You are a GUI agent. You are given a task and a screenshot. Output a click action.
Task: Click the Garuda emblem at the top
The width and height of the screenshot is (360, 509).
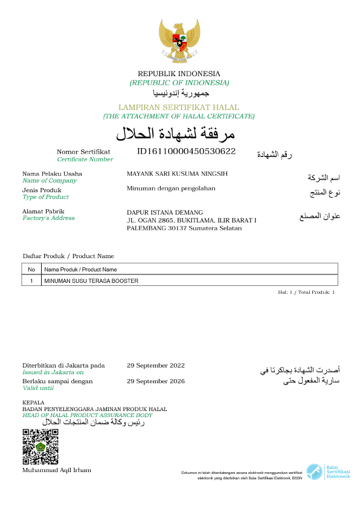(x=179, y=41)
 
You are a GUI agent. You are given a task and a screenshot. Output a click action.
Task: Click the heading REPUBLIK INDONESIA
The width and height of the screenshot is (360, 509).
(x=179, y=74)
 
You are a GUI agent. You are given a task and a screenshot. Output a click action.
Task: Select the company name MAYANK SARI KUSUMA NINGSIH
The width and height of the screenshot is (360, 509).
(x=177, y=174)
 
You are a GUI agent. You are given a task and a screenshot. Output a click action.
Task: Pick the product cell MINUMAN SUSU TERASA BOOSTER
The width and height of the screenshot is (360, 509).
(x=91, y=281)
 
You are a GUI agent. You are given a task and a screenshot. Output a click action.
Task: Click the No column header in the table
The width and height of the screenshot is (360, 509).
(x=31, y=270)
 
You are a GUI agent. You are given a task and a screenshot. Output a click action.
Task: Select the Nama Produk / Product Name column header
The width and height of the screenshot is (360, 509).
(x=80, y=270)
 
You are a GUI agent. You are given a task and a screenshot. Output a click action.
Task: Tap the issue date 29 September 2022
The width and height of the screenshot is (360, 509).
(x=156, y=365)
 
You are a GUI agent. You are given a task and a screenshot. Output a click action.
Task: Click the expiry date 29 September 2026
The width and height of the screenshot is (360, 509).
(x=156, y=381)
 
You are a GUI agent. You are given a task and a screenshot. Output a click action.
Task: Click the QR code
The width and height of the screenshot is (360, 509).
(x=40, y=446)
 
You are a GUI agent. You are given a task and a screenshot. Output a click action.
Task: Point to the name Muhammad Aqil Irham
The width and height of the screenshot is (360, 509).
(x=57, y=470)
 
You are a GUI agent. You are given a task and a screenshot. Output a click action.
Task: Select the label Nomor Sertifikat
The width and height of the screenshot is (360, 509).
(x=83, y=152)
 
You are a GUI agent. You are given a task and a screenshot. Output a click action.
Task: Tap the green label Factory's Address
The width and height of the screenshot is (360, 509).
(x=48, y=218)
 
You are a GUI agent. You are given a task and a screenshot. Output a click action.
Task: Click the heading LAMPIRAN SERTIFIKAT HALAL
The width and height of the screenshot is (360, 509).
(x=179, y=107)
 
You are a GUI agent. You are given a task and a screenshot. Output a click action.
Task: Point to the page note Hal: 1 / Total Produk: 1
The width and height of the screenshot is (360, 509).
(x=306, y=292)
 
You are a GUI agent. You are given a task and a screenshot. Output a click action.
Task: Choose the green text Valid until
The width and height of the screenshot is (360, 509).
(x=38, y=388)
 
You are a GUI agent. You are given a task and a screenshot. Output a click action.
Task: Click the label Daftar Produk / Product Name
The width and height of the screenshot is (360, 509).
(x=68, y=256)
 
